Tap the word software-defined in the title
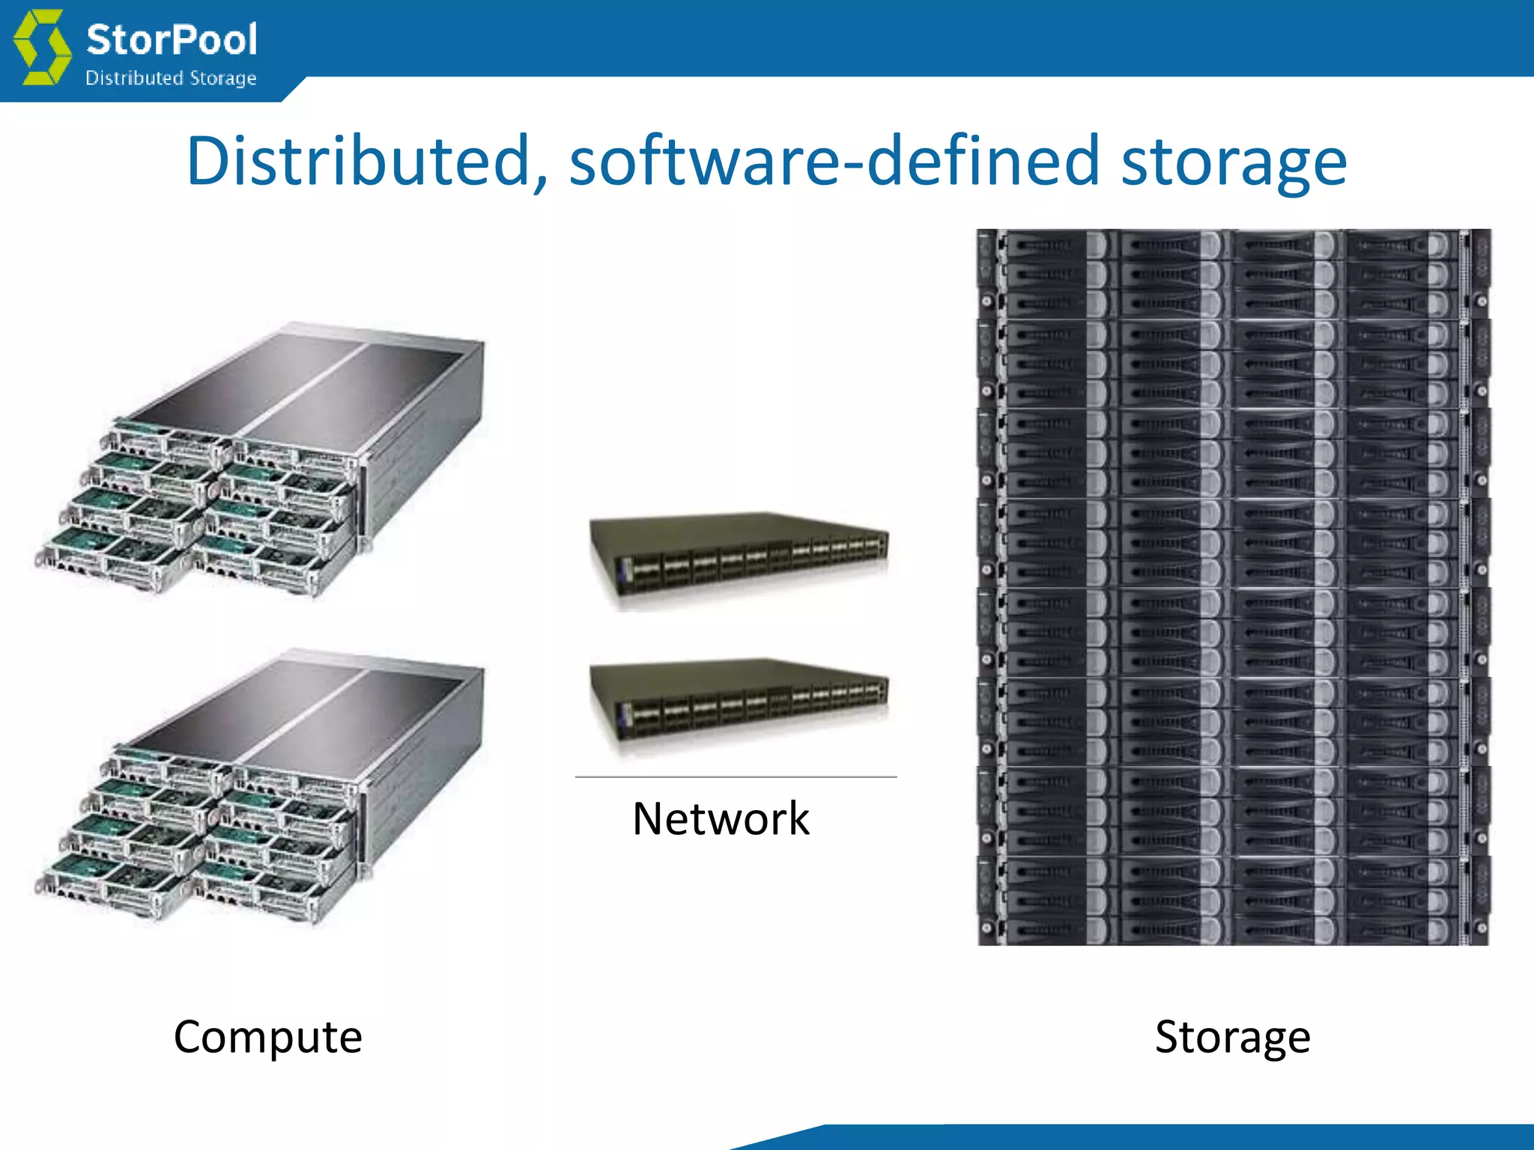(833, 161)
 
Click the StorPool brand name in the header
(172, 40)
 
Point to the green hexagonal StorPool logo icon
(43, 46)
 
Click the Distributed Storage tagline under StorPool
(171, 78)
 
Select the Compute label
(267, 1037)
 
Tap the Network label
(721, 818)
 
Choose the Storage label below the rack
(1232, 1037)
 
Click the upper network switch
(738, 558)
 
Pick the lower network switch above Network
(738, 704)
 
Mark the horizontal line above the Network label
(736, 777)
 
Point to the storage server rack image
(1234, 587)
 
